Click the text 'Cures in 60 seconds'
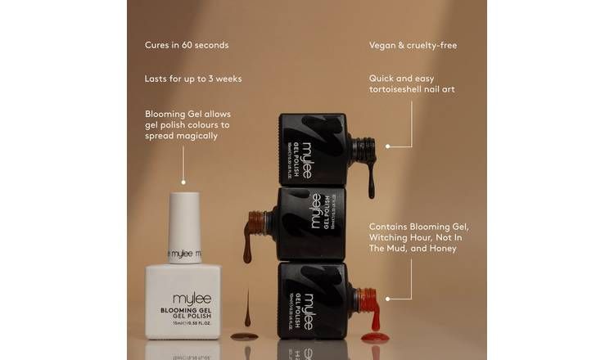[187, 45]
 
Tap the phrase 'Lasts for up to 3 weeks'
[193, 79]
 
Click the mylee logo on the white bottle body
[184, 299]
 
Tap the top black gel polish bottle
[315, 150]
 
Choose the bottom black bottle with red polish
[314, 299]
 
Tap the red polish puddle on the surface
[375, 335]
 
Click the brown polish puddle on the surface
[244, 335]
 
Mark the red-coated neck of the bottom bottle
[367, 299]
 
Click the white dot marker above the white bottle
[184, 182]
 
